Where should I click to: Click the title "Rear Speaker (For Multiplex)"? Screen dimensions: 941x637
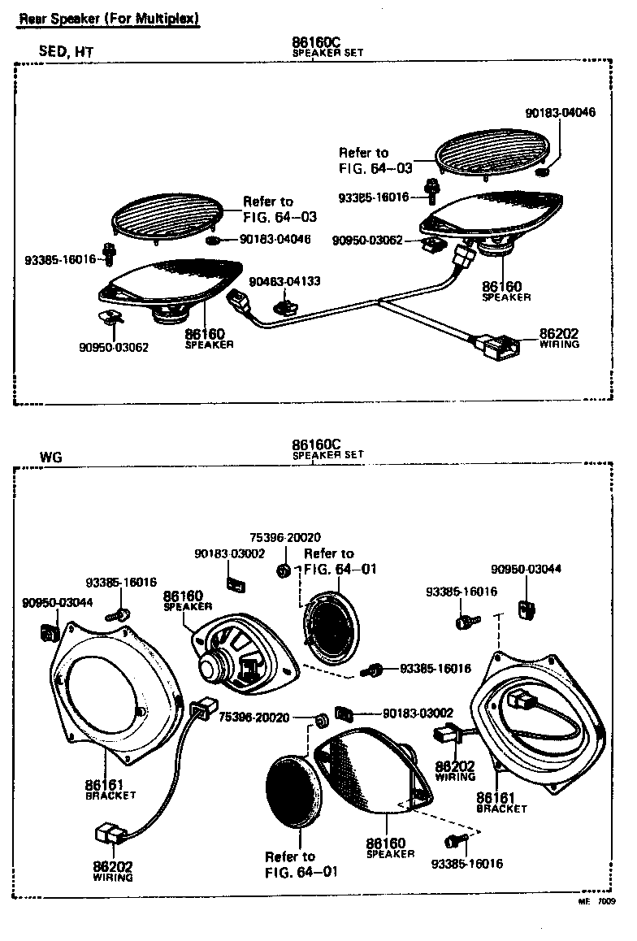(x=110, y=17)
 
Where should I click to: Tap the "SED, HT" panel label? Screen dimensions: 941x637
(x=67, y=52)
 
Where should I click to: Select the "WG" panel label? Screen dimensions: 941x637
(x=50, y=457)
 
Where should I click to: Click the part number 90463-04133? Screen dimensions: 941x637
(x=284, y=281)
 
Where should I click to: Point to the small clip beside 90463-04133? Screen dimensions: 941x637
(x=285, y=306)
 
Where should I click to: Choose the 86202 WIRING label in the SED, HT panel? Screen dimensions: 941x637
(x=559, y=338)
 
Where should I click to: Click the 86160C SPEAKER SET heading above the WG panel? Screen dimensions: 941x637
(x=317, y=449)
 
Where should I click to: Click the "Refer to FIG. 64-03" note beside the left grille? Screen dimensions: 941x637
(x=279, y=209)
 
